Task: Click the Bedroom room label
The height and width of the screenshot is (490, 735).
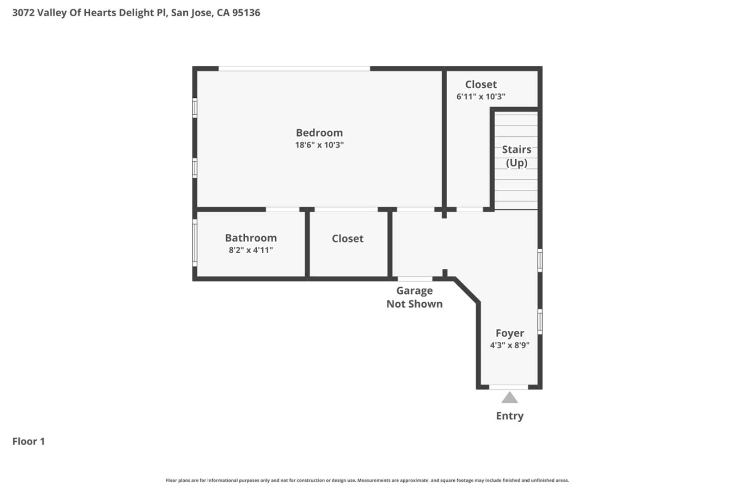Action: pyautogui.click(x=319, y=133)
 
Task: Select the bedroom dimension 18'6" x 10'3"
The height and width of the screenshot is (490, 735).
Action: pyautogui.click(x=319, y=145)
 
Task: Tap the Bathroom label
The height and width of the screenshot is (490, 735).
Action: pyautogui.click(x=251, y=238)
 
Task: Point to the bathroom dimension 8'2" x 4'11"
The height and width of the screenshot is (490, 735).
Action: pyautogui.click(x=251, y=250)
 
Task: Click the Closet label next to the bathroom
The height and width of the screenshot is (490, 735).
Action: pyautogui.click(x=348, y=238)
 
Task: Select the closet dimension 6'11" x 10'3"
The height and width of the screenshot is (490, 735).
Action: pyautogui.click(x=481, y=96)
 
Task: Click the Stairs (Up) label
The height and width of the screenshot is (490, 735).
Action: pyautogui.click(x=516, y=156)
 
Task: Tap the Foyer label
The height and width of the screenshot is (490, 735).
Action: pyautogui.click(x=509, y=333)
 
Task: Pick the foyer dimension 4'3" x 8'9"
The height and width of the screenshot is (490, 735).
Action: pyautogui.click(x=509, y=346)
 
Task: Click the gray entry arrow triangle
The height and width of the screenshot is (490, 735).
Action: pyautogui.click(x=509, y=398)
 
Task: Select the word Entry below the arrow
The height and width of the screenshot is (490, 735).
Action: pyautogui.click(x=509, y=416)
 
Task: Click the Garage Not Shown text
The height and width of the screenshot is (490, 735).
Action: pyautogui.click(x=414, y=297)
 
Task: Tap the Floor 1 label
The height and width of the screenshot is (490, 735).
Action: pyautogui.click(x=29, y=442)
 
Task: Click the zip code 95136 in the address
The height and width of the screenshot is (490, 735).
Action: pyautogui.click(x=246, y=13)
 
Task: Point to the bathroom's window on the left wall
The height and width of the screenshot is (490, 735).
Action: pyautogui.click(x=194, y=243)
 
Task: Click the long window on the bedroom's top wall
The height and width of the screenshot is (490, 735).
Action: pyautogui.click(x=294, y=68)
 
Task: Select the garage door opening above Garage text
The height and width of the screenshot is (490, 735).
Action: pyautogui.click(x=415, y=279)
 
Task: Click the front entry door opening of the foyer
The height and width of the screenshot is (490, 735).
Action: pyautogui.click(x=508, y=387)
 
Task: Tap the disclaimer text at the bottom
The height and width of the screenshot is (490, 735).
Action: pyautogui.click(x=367, y=480)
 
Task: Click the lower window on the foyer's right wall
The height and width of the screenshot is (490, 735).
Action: pyautogui.click(x=540, y=321)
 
